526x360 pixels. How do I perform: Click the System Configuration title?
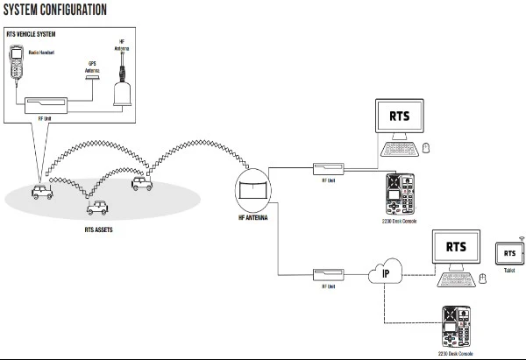pos(54,10)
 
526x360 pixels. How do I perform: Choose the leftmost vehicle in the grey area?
pos(42,191)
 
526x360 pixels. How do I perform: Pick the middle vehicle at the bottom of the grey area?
pos(98,208)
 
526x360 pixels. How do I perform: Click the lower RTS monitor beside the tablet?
pos(455,247)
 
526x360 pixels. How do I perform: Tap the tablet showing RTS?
pos(508,253)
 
